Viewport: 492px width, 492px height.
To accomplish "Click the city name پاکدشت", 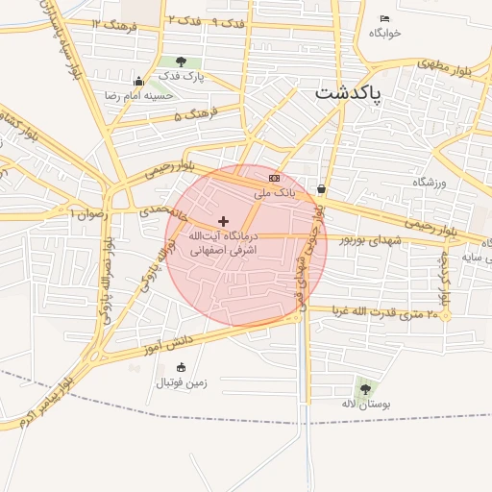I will tap(347, 94).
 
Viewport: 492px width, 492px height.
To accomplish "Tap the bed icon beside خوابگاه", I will tap(384, 19).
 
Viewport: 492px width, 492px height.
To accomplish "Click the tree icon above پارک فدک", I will tap(182, 62).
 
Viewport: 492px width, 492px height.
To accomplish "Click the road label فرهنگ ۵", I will tap(192, 116).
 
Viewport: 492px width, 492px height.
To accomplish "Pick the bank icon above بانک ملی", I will tap(275, 178).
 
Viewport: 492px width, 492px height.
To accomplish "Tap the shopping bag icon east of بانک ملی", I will tap(320, 189).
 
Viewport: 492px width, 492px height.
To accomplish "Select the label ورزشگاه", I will tap(430, 182).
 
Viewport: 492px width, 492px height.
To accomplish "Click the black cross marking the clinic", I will tap(224, 221).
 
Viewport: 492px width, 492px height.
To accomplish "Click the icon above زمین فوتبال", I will tap(181, 366).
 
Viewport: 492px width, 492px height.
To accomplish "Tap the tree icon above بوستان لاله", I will tap(364, 388).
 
